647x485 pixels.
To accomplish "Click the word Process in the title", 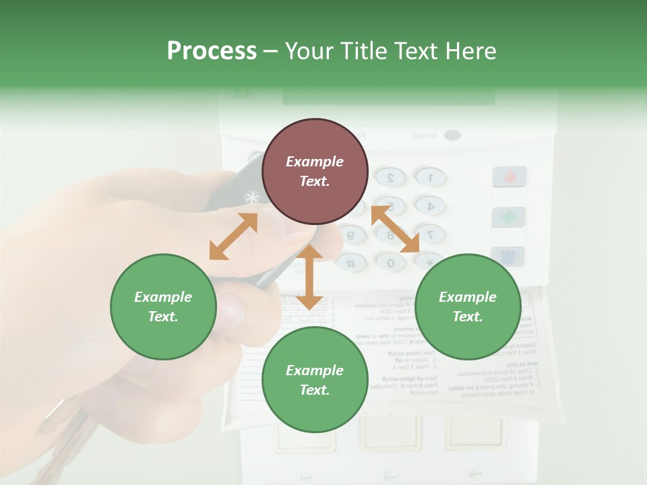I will click(212, 51).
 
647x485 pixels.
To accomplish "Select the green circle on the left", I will click(163, 306).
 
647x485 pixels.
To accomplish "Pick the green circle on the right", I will click(468, 306).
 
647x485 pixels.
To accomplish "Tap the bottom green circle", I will click(315, 380).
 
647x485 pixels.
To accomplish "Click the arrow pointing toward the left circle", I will click(233, 236).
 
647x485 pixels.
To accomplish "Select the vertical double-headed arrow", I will click(309, 277).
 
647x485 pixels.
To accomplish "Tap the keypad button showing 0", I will click(390, 263).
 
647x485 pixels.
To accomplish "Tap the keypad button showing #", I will click(351, 263).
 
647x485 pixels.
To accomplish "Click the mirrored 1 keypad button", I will click(429, 177).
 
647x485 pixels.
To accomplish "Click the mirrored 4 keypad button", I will click(429, 205).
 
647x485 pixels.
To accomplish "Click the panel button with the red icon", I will click(510, 177).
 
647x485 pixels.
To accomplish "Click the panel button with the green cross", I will click(508, 217).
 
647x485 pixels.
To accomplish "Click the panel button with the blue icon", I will click(508, 257).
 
